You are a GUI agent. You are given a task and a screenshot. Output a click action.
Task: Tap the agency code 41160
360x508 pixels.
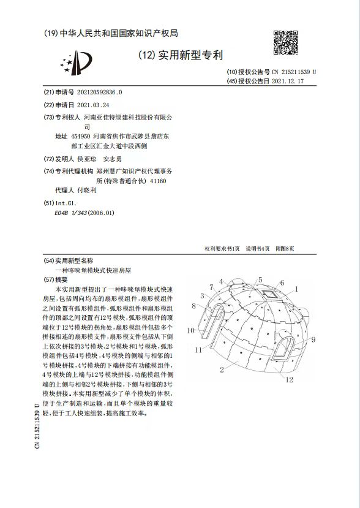click(157, 181)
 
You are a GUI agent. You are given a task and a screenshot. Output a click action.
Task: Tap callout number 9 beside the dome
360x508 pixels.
click(312, 339)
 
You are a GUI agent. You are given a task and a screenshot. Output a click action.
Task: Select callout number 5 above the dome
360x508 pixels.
click(260, 279)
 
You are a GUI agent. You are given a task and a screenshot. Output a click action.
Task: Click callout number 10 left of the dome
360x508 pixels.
click(191, 330)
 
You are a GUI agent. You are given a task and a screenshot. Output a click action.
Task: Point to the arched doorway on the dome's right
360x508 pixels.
click(283, 349)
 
